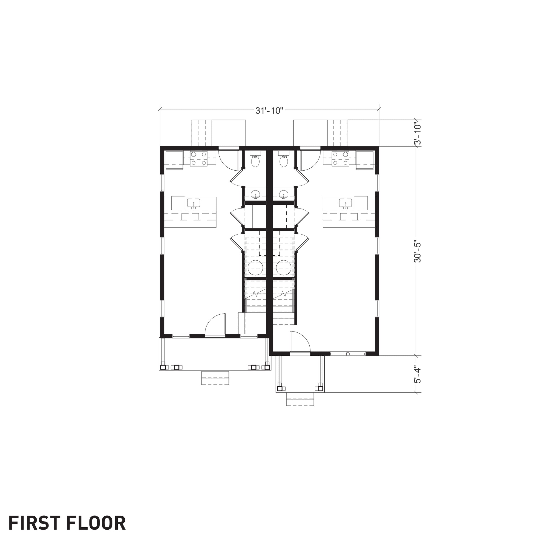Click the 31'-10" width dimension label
269,111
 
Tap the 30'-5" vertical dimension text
417,251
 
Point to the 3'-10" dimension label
417,133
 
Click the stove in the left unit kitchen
199,158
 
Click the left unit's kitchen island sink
193,203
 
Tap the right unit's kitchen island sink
346,203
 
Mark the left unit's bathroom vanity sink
255,194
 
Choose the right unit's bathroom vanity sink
284,194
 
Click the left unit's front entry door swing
215,324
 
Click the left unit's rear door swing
228,160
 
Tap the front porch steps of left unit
215,378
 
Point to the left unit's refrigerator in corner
174,160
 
